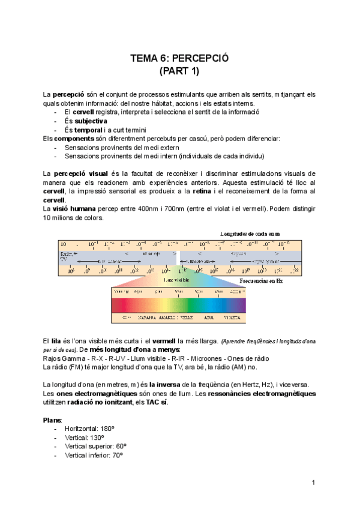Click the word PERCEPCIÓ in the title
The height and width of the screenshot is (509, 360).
point(202,59)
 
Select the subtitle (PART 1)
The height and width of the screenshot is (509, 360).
point(180,71)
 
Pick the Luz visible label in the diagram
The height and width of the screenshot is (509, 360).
point(176,280)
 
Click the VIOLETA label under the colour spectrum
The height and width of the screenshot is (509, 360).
point(232,316)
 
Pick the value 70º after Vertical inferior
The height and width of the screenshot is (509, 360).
point(116,456)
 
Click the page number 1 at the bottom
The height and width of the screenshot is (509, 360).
point(313,483)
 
